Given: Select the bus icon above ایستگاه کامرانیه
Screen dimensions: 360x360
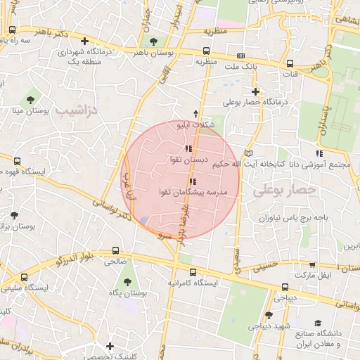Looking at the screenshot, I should coord(193,272).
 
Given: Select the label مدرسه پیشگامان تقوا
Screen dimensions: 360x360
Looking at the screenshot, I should coord(195,192).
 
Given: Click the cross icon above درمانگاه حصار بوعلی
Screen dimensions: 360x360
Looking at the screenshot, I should coord(255,91).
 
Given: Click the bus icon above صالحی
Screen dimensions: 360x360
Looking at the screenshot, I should coord(116,250).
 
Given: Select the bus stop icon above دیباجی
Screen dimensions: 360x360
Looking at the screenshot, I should coord(285,287).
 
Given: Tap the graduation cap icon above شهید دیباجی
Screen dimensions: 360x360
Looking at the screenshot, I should coord(269,315).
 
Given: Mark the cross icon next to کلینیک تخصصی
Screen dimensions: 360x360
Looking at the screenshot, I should coord(110,346).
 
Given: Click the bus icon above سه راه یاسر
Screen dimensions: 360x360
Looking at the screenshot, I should coord(13,30).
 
